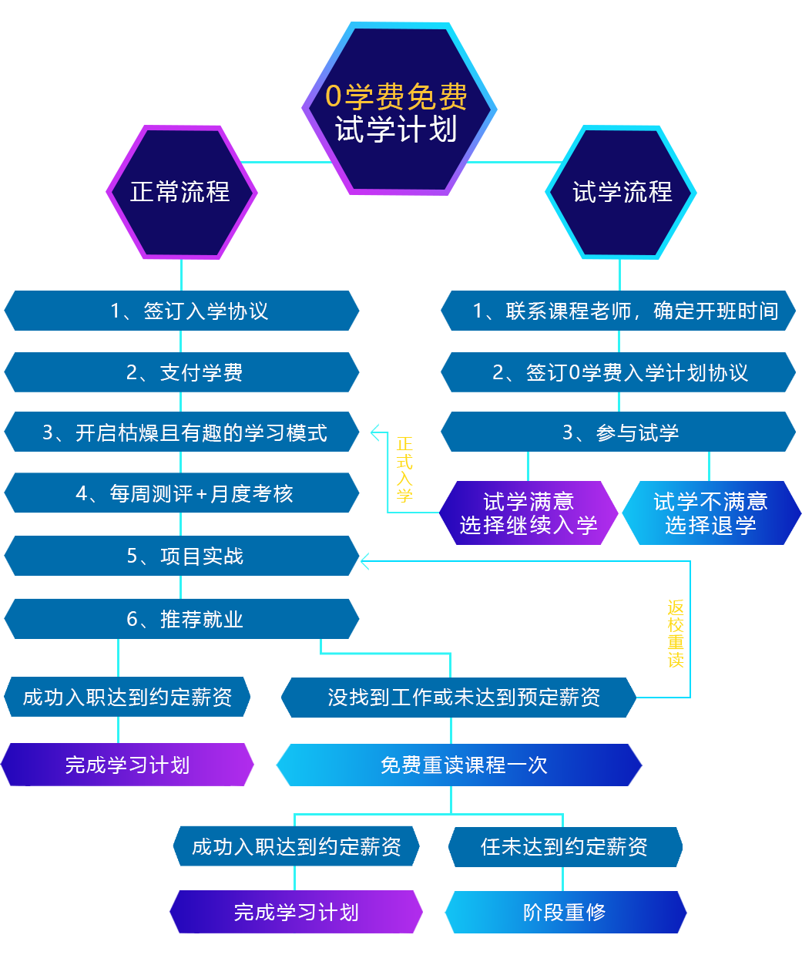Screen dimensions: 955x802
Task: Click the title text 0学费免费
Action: click(396, 96)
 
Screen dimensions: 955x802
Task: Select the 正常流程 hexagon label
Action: click(180, 192)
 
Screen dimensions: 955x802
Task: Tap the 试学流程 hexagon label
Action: click(622, 192)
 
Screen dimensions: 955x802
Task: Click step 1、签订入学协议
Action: click(190, 311)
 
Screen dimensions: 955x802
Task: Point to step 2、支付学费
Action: click(185, 373)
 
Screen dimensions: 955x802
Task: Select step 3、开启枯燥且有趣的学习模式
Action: click(185, 433)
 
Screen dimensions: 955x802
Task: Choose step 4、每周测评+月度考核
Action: click(185, 494)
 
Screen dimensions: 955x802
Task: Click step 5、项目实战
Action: click(185, 557)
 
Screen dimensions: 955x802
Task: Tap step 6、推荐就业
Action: click(185, 620)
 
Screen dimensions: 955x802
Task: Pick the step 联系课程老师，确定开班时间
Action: click(626, 311)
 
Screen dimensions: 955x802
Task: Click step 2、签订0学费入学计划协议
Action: click(620, 373)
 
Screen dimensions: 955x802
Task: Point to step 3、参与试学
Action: click(621, 433)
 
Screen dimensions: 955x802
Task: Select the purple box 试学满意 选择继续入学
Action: click(529, 513)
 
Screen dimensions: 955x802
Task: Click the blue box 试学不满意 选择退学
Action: click(710, 513)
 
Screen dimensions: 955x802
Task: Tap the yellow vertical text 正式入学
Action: click(404, 469)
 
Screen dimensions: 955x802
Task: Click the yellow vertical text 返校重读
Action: click(676, 634)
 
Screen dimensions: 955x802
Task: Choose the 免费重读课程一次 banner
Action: click(463, 765)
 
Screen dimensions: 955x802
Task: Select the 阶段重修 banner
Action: click(565, 913)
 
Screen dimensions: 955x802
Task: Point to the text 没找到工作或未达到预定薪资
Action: click(464, 698)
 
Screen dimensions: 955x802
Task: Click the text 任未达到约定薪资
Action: click(564, 847)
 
